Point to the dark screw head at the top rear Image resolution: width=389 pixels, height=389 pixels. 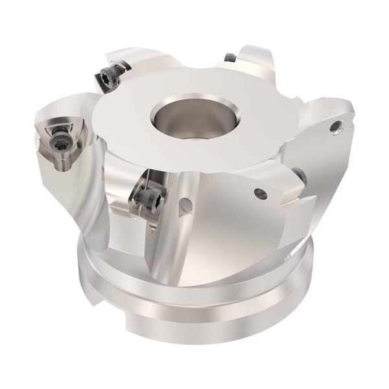[x=230, y=58]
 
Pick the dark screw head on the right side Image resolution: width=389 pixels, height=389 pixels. [x=300, y=174]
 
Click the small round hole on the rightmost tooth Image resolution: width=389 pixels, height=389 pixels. [x=335, y=127]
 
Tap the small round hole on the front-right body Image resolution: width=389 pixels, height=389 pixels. [x=260, y=193]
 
